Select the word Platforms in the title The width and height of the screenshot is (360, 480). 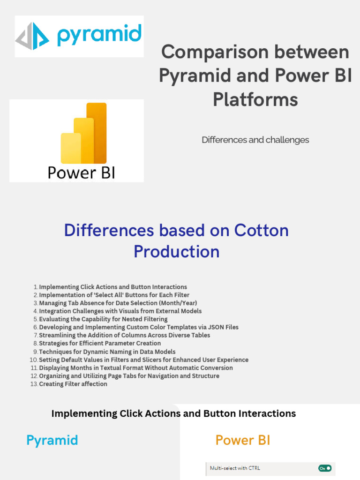tap(255, 99)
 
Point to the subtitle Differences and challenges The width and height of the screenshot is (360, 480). tap(255, 140)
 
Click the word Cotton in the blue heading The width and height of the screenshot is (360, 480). tap(261, 230)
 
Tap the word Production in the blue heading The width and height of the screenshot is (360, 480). tap(176, 252)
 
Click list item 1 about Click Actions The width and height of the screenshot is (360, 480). tap(112, 287)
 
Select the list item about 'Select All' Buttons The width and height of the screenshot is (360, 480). tap(114, 295)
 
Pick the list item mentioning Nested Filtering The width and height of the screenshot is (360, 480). tap(103, 319)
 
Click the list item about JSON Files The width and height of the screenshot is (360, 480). tap(139, 327)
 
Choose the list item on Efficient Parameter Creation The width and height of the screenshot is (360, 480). tap(100, 344)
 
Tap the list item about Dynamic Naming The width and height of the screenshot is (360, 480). tap(107, 352)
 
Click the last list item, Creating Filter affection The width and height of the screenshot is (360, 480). tap(73, 384)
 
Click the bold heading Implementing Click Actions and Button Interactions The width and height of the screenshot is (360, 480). tap(173, 413)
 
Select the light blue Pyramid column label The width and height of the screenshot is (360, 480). tap(52, 440)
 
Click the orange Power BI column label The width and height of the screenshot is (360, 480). tap(243, 440)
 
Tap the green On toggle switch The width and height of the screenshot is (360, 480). tap(325, 468)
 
